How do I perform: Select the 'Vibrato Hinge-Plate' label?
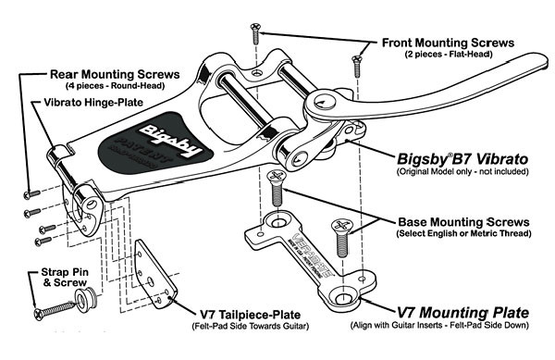[88, 103]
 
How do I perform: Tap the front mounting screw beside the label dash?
[253, 35]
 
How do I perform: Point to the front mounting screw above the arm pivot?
[354, 68]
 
